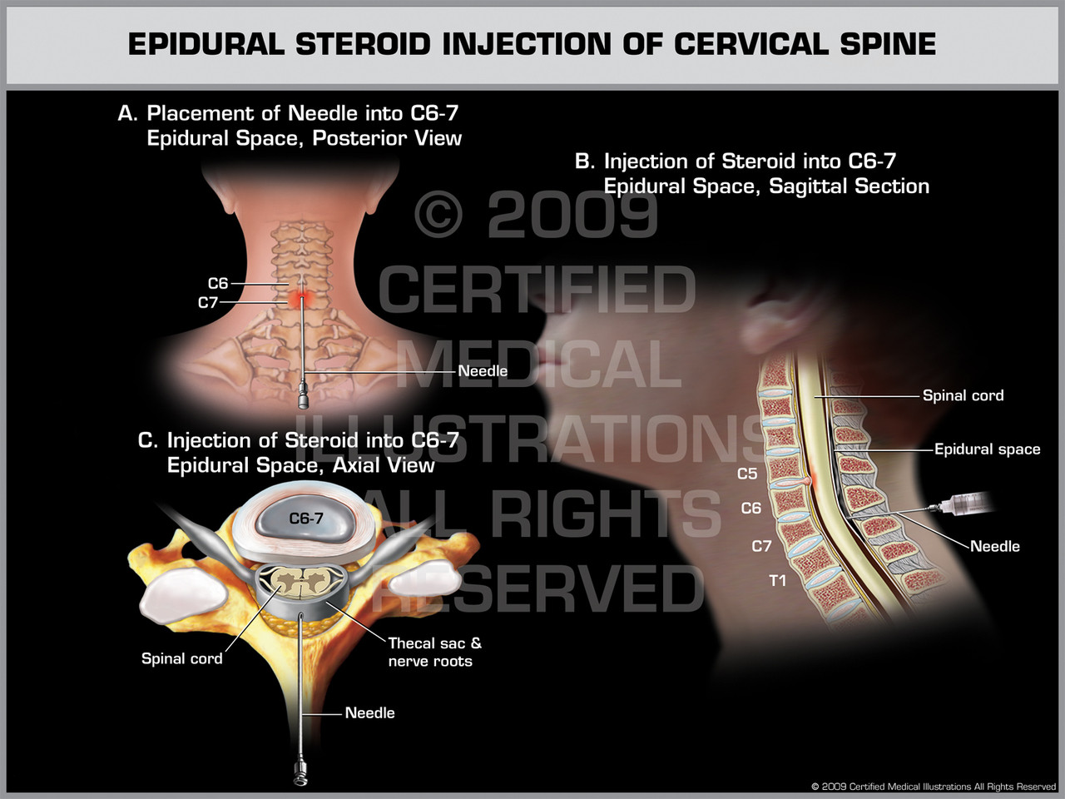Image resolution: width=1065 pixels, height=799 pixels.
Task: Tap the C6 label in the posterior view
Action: tap(218, 284)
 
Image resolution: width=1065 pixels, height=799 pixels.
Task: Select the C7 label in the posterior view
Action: tap(208, 303)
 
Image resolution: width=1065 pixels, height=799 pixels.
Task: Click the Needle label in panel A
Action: tap(483, 370)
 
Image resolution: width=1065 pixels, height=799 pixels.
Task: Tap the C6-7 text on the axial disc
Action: tap(306, 519)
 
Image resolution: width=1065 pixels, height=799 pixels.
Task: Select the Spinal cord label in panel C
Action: tap(182, 658)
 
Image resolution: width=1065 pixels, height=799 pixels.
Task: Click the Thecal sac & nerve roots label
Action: tap(434, 652)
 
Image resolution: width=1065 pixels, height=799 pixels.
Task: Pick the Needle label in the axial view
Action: tap(369, 712)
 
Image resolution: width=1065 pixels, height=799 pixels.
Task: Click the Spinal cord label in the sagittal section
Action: tap(963, 395)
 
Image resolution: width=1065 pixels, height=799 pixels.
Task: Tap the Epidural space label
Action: tap(987, 449)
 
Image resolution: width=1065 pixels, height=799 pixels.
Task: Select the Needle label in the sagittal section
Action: tap(994, 546)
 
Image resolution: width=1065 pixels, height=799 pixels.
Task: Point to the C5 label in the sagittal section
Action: tap(747, 474)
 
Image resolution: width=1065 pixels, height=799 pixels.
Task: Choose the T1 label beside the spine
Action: tap(777, 580)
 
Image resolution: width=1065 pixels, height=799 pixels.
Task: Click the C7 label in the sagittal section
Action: tap(761, 546)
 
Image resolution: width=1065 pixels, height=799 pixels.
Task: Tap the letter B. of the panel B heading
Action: tap(584, 161)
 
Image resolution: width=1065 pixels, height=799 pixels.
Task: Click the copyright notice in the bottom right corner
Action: tap(934, 787)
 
